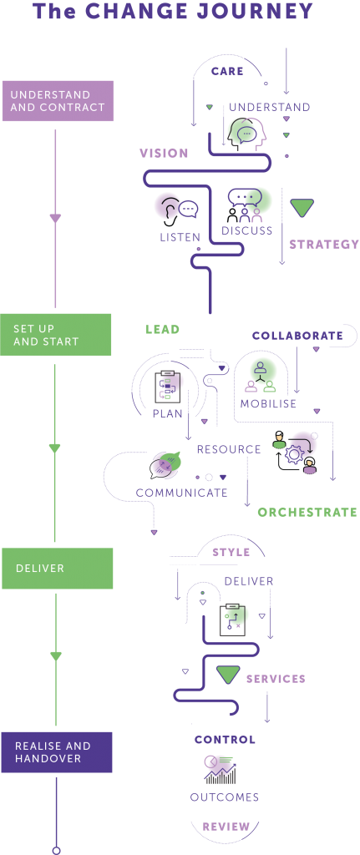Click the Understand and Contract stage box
click(57, 101)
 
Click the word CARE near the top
click(227, 72)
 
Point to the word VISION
click(164, 154)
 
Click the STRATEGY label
click(323, 245)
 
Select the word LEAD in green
click(163, 330)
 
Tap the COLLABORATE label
click(297, 336)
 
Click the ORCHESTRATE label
click(307, 512)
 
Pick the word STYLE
click(231, 553)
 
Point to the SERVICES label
click(276, 679)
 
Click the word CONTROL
click(225, 740)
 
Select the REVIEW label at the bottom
click(226, 827)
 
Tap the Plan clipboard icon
click(170, 386)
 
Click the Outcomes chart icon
click(221, 768)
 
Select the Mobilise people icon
click(261, 376)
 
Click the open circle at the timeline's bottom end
click(56, 850)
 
